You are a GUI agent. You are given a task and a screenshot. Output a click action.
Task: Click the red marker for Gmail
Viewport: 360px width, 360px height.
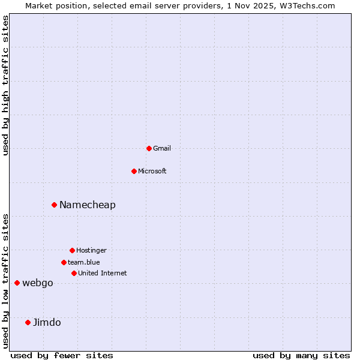[x=149, y=148]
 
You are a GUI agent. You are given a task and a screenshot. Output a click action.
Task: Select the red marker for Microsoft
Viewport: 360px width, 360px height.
[x=134, y=171]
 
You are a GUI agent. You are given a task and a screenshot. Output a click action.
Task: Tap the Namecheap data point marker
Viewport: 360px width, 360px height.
[x=54, y=205]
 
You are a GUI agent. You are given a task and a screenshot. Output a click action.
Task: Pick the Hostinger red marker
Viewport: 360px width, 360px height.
[x=72, y=250]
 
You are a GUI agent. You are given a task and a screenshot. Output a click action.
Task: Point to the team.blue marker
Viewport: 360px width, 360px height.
[x=64, y=262]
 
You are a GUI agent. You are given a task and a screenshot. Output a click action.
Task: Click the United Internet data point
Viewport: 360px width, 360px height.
[x=74, y=273]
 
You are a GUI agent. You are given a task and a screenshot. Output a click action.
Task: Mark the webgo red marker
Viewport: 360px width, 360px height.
[x=17, y=283]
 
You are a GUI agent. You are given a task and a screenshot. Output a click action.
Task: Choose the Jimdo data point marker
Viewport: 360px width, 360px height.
[x=28, y=322]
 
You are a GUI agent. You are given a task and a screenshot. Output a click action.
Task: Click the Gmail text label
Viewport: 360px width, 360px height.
[x=162, y=148]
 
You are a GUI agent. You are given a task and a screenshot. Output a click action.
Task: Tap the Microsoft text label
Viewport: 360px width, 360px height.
[x=152, y=171]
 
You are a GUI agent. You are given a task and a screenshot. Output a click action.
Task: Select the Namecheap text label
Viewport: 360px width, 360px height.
[x=88, y=205]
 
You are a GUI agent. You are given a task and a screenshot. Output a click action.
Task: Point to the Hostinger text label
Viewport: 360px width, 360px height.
[x=91, y=250]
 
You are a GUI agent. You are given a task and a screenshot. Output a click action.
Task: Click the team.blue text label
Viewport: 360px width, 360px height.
[x=84, y=262]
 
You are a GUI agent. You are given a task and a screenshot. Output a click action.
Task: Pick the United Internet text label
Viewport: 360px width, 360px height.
[x=103, y=273]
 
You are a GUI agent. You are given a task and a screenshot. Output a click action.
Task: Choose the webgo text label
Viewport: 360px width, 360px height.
[x=38, y=283]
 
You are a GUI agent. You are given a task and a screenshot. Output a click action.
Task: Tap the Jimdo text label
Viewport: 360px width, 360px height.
[x=47, y=322]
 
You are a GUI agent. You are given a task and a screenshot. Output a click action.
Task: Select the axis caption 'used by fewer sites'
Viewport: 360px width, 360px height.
[x=62, y=355]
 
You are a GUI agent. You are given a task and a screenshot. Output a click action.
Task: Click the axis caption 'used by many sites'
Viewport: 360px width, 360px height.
[x=301, y=355]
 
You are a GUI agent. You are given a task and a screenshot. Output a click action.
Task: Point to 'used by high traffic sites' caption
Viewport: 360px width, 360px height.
[x=6, y=86]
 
